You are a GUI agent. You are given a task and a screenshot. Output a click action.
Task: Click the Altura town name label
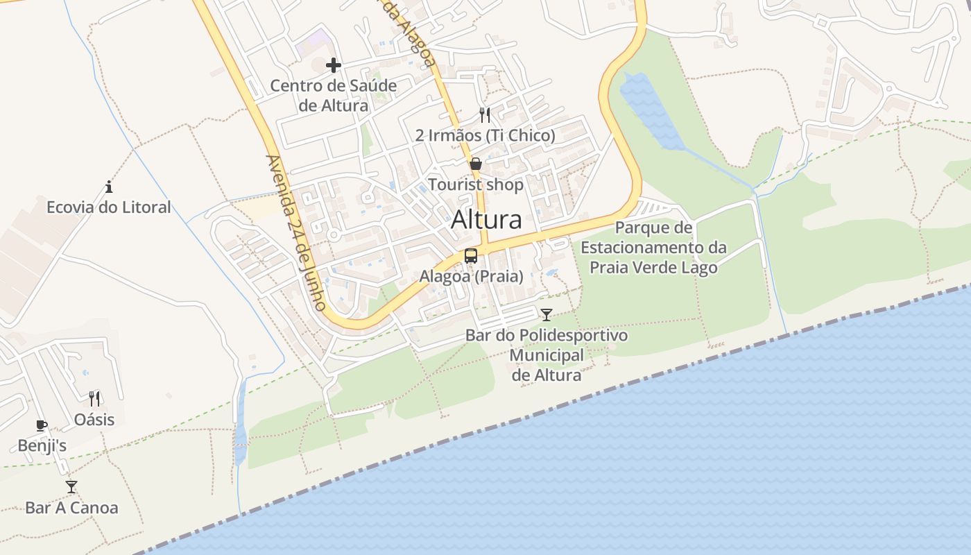pyautogui.click(x=486, y=220)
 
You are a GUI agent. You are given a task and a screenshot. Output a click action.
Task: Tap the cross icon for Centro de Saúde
pyautogui.click(x=334, y=65)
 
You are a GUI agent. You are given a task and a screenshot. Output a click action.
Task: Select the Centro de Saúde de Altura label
pyautogui.click(x=334, y=96)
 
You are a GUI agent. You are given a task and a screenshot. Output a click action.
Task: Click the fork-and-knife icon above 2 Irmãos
pyautogui.click(x=485, y=115)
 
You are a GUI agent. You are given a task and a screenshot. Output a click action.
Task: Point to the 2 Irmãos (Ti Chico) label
pyautogui.click(x=485, y=136)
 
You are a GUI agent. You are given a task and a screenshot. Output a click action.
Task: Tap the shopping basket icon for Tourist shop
pyautogui.click(x=476, y=164)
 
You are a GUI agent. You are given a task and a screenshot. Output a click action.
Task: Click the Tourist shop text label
pyautogui.click(x=476, y=185)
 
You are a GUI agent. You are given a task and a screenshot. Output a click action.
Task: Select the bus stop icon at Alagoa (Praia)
pyautogui.click(x=471, y=256)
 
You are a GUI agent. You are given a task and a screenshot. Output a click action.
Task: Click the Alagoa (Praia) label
pyautogui.click(x=471, y=276)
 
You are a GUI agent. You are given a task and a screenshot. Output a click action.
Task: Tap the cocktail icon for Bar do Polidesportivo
pyautogui.click(x=547, y=315)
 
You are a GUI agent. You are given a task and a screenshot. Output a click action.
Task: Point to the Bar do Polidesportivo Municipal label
pyautogui.click(x=547, y=355)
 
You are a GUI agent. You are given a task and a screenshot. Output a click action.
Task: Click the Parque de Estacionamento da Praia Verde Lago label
pyautogui.click(x=653, y=248)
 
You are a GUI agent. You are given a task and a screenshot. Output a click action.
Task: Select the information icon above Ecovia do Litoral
pyautogui.click(x=109, y=187)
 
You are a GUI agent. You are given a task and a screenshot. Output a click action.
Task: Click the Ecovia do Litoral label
pyautogui.click(x=109, y=207)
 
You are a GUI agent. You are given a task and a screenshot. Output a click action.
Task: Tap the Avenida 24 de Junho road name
pyautogui.click(x=296, y=232)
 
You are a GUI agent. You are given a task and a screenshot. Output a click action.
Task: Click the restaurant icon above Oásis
pyautogui.click(x=94, y=399)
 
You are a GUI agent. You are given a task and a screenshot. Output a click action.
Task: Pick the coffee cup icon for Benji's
pyautogui.click(x=42, y=425)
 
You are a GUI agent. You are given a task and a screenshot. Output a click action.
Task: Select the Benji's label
pyautogui.click(x=42, y=445)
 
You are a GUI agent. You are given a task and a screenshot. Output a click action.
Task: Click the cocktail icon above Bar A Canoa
pyautogui.click(x=71, y=487)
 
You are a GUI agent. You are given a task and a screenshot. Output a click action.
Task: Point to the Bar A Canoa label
pyautogui.click(x=71, y=508)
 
